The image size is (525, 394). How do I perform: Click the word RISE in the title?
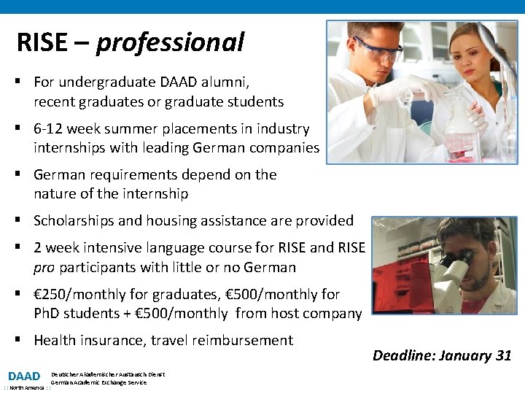43,43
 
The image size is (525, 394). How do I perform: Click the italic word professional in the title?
170,43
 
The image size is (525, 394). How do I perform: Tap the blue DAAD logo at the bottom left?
24,376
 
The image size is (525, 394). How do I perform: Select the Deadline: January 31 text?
442,355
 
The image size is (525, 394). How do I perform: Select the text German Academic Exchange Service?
98,382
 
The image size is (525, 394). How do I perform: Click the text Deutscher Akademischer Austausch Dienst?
108,374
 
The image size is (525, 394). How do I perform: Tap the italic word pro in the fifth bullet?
44,267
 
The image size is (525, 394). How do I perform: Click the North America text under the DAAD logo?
25,388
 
